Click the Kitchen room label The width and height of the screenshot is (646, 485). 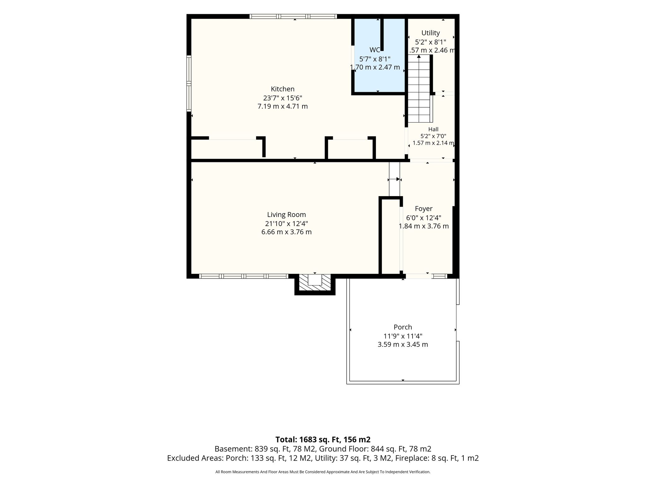[x=283, y=89]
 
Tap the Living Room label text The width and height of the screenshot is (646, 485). [x=286, y=215]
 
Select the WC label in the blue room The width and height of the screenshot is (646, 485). [x=375, y=50]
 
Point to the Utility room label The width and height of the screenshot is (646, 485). [x=431, y=33]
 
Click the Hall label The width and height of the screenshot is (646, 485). [x=433, y=129]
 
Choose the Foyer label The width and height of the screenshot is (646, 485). [x=424, y=209]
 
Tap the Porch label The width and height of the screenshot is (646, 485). [x=403, y=327]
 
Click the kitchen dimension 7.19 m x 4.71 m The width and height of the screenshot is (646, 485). [x=283, y=106]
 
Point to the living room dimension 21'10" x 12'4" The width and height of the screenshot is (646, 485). [x=286, y=224]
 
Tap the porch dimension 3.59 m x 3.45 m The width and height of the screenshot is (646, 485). [x=403, y=344]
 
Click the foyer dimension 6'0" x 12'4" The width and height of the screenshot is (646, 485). [x=424, y=218]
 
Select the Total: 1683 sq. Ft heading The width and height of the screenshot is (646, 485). [x=323, y=440]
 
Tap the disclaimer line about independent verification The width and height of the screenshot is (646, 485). [x=323, y=472]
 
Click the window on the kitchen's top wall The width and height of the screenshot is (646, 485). [x=293, y=16]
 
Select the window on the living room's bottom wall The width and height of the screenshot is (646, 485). [x=244, y=276]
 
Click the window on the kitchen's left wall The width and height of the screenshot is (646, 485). [x=189, y=83]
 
